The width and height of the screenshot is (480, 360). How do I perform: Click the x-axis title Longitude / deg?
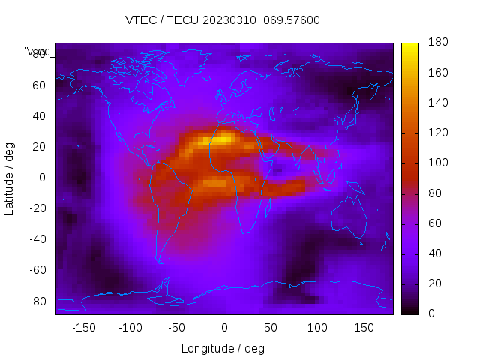223,348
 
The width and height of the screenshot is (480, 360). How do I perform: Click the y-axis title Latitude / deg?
10,178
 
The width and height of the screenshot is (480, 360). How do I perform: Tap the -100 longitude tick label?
130,327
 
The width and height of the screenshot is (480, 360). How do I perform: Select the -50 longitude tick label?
177,327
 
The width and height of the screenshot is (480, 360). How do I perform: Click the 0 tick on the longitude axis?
223,327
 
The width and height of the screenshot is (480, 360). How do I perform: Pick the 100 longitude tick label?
317,327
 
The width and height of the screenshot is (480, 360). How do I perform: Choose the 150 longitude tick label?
364,327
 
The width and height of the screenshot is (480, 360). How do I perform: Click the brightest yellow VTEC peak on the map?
223,139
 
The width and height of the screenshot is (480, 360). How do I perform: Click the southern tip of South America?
159,261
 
